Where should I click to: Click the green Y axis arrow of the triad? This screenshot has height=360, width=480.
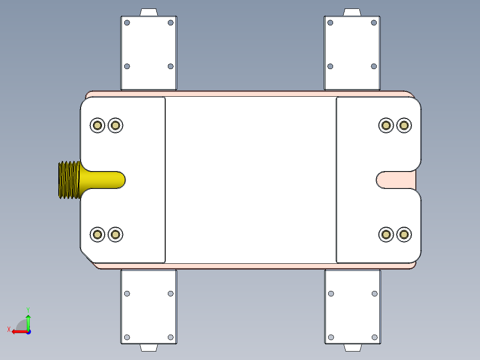tap(28, 321)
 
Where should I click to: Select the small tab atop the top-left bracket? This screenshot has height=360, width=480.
tap(149, 12)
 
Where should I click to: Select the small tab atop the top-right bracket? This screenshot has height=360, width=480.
tap(352, 12)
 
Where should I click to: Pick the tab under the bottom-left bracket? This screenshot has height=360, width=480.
tap(149, 348)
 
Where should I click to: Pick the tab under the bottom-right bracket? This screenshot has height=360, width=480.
tap(352, 348)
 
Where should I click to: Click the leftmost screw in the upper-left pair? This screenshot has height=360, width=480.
tap(97, 125)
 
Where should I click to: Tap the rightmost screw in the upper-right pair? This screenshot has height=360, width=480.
tap(404, 125)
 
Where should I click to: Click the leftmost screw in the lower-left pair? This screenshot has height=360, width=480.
tap(97, 234)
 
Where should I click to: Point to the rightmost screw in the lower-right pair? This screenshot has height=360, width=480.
tap(404, 234)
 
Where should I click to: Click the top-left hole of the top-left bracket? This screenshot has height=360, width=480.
tap(127, 23)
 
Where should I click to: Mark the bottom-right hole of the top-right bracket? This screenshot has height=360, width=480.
tap(374, 66)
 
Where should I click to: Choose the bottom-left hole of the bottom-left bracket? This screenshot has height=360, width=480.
tap(127, 337)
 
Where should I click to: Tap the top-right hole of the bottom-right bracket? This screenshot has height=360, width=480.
tap(374, 294)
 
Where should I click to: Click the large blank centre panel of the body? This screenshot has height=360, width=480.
tap(251, 180)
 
